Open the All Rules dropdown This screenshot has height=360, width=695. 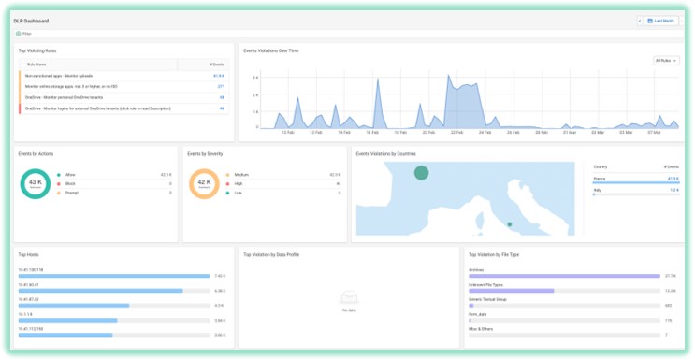[x=665, y=61]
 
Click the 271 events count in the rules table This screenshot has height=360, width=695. [x=221, y=86]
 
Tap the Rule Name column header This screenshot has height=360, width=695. [x=35, y=64]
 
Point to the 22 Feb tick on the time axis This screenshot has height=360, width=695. [x=456, y=133]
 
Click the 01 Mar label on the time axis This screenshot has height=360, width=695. [x=570, y=133]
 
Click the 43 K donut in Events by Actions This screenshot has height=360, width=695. [x=35, y=185]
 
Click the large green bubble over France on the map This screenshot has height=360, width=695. [x=421, y=172]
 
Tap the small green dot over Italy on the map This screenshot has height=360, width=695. [x=508, y=224]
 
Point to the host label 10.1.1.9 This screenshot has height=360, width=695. [x=25, y=315]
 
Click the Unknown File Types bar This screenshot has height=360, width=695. [x=510, y=292]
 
